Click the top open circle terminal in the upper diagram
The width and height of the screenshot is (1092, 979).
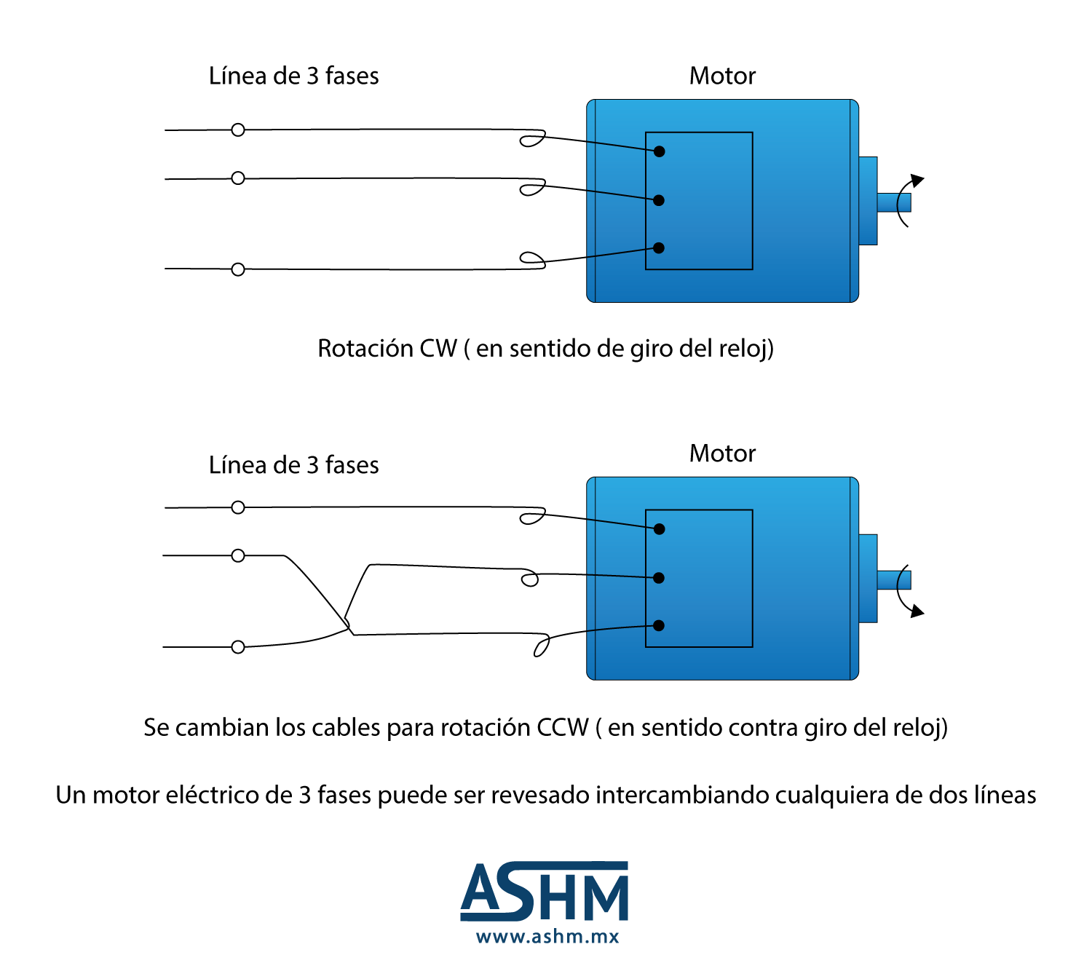point(238,130)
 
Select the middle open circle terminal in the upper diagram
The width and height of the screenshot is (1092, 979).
point(238,178)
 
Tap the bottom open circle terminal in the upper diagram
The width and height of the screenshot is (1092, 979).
point(238,269)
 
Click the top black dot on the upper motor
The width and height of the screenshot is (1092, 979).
point(659,151)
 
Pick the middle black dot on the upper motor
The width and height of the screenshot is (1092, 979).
point(658,200)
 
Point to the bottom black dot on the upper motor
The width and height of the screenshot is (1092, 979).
point(658,248)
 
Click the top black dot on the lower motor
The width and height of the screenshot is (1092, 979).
point(659,529)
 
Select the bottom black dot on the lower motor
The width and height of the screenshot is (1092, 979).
point(658,625)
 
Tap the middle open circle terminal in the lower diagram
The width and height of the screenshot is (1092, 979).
point(238,555)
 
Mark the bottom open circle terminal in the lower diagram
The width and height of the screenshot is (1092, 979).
point(238,647)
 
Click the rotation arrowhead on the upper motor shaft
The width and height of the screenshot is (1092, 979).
point(917,181)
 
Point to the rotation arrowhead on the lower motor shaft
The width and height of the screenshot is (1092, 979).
point(917,611)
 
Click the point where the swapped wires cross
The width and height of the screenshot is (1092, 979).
point(348,627)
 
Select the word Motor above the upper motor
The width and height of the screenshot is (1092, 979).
point(722,76)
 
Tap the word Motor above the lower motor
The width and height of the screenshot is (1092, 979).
point(722,453)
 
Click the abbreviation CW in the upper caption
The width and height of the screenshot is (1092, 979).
point(438,348)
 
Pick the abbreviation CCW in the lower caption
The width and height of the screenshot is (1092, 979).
point(562,727)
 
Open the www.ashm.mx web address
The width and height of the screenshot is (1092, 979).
point(547,936)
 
